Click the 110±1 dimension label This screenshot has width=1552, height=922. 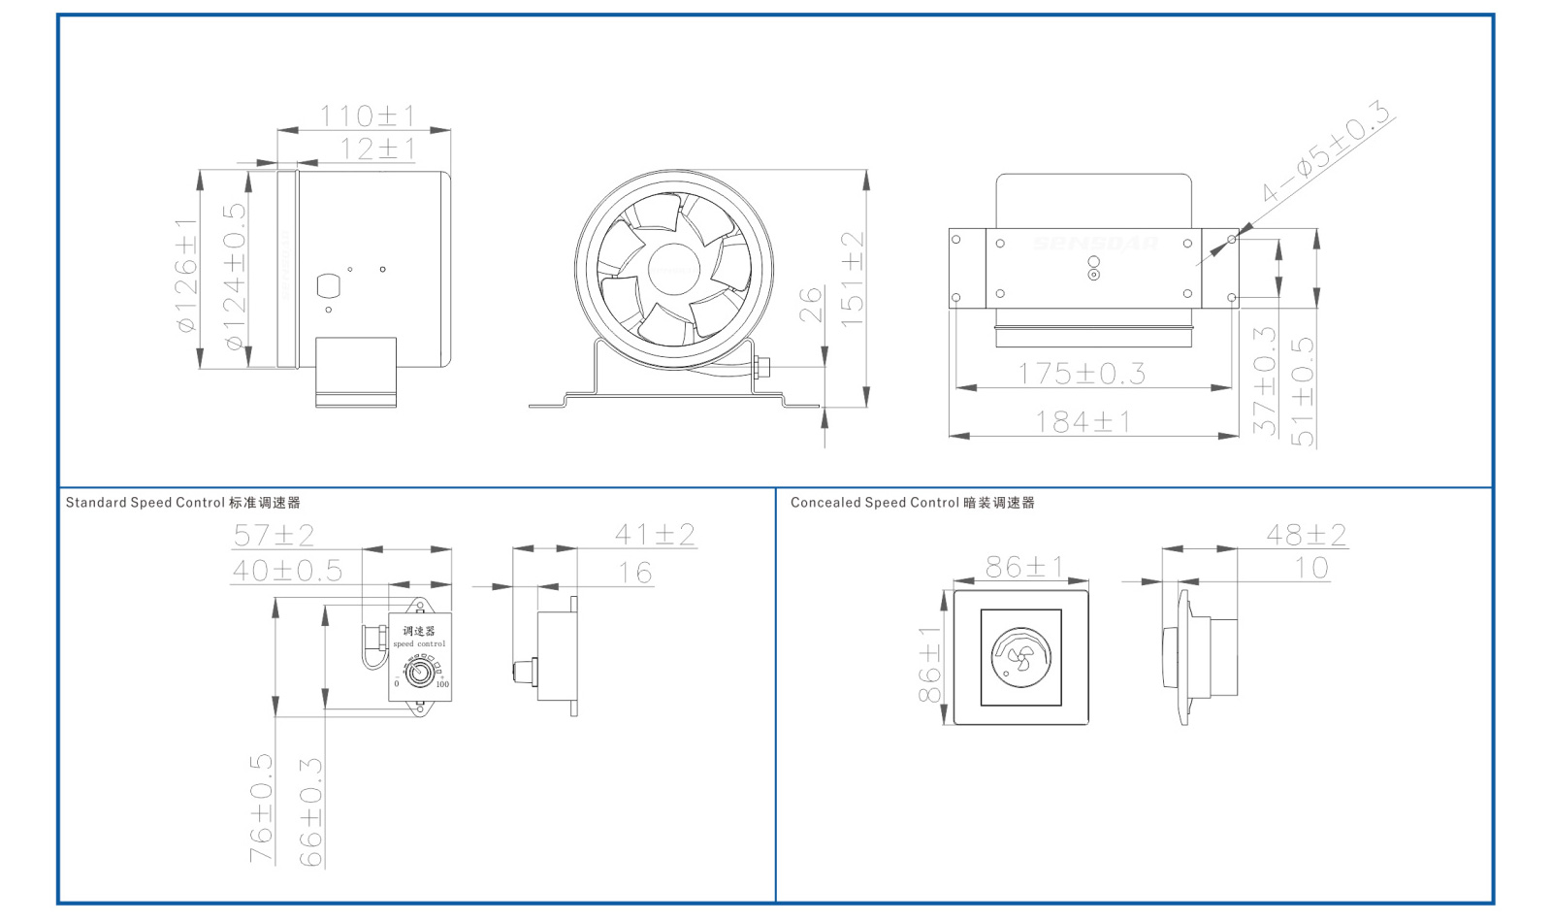(367, 116)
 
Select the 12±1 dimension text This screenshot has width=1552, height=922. (377, 149)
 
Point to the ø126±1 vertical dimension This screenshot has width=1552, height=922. (186, 275)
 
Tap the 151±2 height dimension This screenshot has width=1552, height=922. (852, 279)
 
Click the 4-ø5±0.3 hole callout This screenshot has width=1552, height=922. (1326, 152)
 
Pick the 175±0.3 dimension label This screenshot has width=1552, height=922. (1081, 374)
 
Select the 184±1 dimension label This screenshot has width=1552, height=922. (1083, 422)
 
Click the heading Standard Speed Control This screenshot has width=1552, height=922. (145, 503)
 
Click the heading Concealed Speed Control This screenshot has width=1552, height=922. (874, 503)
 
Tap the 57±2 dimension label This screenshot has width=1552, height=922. (274, 535)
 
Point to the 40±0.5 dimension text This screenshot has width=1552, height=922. (287, 571)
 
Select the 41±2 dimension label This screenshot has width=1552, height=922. (655, 535)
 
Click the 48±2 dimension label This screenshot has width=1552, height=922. (1306, 535)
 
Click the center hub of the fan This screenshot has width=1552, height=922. (673, 270)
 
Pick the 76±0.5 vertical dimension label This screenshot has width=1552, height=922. (261, 808)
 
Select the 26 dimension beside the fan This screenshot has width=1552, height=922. (811, 304)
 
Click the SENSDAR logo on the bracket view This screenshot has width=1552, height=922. (1094, 243)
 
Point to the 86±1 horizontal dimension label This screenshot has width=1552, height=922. (1023, 566)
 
